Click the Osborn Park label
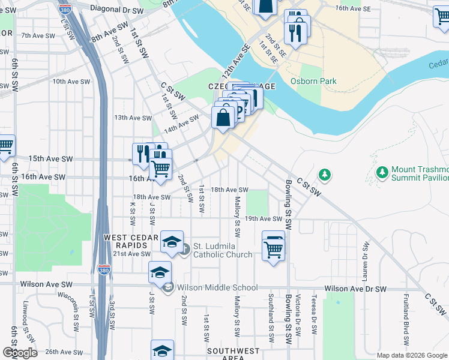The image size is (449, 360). [313, 81]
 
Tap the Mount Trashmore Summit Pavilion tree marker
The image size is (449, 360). [382, 173]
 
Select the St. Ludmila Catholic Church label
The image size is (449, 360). [222, 250]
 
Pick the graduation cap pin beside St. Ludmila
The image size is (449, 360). [172, 241]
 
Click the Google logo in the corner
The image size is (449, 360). [20, 353]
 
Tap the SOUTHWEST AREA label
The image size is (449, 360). [234, 354]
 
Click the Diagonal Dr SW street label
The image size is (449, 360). [116, 10]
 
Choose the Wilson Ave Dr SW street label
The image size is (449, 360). [355, 289]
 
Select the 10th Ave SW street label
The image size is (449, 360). [71, 81]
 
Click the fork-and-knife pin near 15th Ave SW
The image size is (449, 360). [143, 152]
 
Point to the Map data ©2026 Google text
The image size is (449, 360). [411, 355]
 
